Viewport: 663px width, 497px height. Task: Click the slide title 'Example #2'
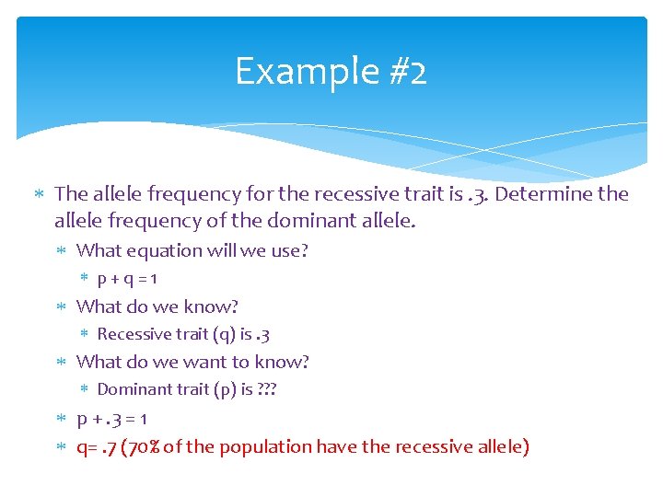pyautogui.click(x=331, y=71)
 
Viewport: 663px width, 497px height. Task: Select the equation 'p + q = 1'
pyautogui.click(x=134, y=278)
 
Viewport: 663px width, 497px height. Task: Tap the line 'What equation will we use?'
pyautogui.click(x=192, y=250)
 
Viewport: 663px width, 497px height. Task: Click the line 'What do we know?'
pyautogui.click(x=157, y=306)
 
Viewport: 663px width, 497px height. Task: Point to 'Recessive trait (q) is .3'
pyautogui.click(x=182, y=334)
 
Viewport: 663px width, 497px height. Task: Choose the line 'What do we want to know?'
pyautogui.click(x=192, y=362)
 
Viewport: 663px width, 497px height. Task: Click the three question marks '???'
pyautogui.click(x=267, y=389)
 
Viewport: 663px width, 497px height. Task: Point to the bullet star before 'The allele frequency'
pyautogui.click(x=40, y=194)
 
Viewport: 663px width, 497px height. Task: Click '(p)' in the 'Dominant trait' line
pyautogui.click(x=224, y=389)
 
